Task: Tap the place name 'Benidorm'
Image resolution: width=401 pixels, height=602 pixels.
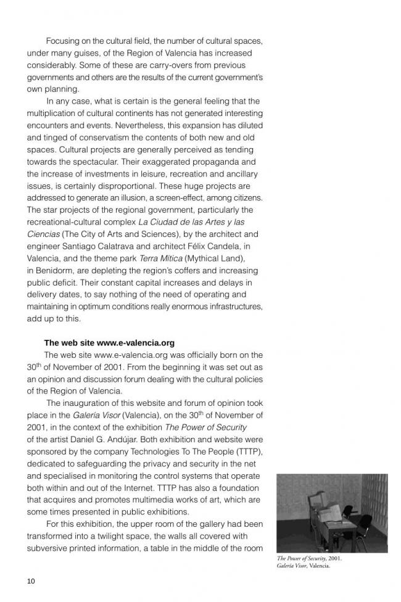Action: (51, 271)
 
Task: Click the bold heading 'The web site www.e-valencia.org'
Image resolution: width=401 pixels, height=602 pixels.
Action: (109, 343)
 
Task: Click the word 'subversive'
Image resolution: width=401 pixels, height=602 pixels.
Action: (48, 548)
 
